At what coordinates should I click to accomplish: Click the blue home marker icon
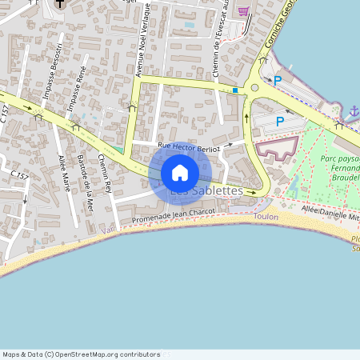coord(180,173)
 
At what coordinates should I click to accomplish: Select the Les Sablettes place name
coord(206,191)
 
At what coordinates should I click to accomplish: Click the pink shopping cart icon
coord(243,11)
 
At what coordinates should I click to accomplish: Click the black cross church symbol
coord(60,3)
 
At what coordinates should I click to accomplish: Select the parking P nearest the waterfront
coord(278,80)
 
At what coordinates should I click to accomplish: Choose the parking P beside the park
coord(280,122)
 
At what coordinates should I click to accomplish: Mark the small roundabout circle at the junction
coord(254,88)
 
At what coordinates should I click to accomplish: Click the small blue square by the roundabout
coord(235,90)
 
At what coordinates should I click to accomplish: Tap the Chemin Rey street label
coord(104,174)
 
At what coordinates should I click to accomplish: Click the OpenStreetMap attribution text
coord(82,354)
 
